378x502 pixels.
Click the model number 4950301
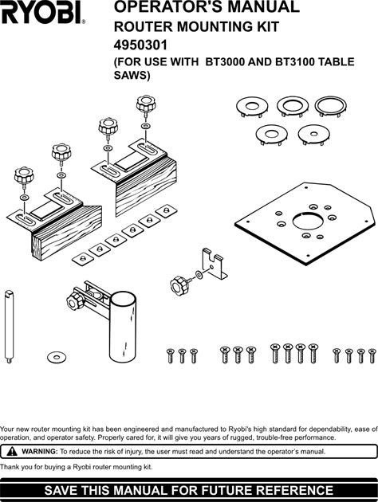tap(140, 45)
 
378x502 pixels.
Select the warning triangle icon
tap(12, 452)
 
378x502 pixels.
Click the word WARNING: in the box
tap(40, 452)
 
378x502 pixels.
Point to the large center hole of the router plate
tap(307, 221)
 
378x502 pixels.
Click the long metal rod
tap(9, 327)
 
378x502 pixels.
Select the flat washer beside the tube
tap(57, 356)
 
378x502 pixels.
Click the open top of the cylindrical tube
tap(123, 298)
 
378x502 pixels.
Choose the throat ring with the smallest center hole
tap(313, 135)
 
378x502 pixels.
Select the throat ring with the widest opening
tap(331, 106)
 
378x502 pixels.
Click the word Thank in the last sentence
tap(9, 467)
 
